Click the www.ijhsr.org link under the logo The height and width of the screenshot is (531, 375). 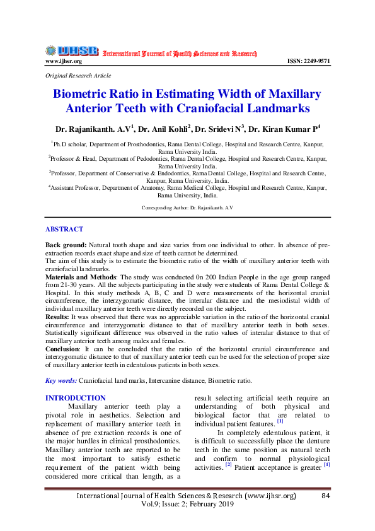coord(64,62)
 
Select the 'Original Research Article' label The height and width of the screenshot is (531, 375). coord(78,76)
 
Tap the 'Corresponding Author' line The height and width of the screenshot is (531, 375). coord(187,207)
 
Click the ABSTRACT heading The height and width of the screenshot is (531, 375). coord(64,230)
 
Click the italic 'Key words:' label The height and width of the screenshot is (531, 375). coord(61,380)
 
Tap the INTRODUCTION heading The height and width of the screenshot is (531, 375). coord(76,398)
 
